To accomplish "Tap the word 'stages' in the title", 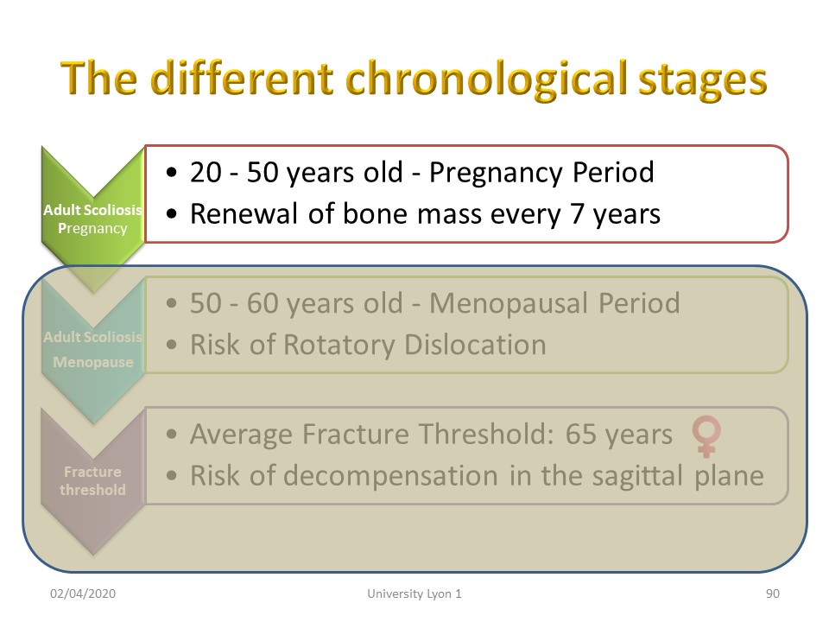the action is coord(703,81).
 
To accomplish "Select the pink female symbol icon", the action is coord(706,436).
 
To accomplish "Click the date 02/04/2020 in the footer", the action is coord(83,593).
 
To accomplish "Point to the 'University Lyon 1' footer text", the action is coord(414,594).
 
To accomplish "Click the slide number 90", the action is coord(772,593).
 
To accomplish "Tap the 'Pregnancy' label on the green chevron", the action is coord(92,228).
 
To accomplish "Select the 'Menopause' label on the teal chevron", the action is coord(93,362).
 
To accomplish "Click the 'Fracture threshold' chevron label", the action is coord(92,480).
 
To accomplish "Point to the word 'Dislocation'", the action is coord(475,345).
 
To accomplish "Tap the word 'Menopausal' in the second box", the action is coord(509,303).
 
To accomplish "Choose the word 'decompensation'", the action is coord(390,476).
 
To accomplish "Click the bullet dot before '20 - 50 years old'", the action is coord(171,173).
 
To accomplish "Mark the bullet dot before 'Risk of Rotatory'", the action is coord(171,345).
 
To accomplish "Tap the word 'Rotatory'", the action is coord(339,345).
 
